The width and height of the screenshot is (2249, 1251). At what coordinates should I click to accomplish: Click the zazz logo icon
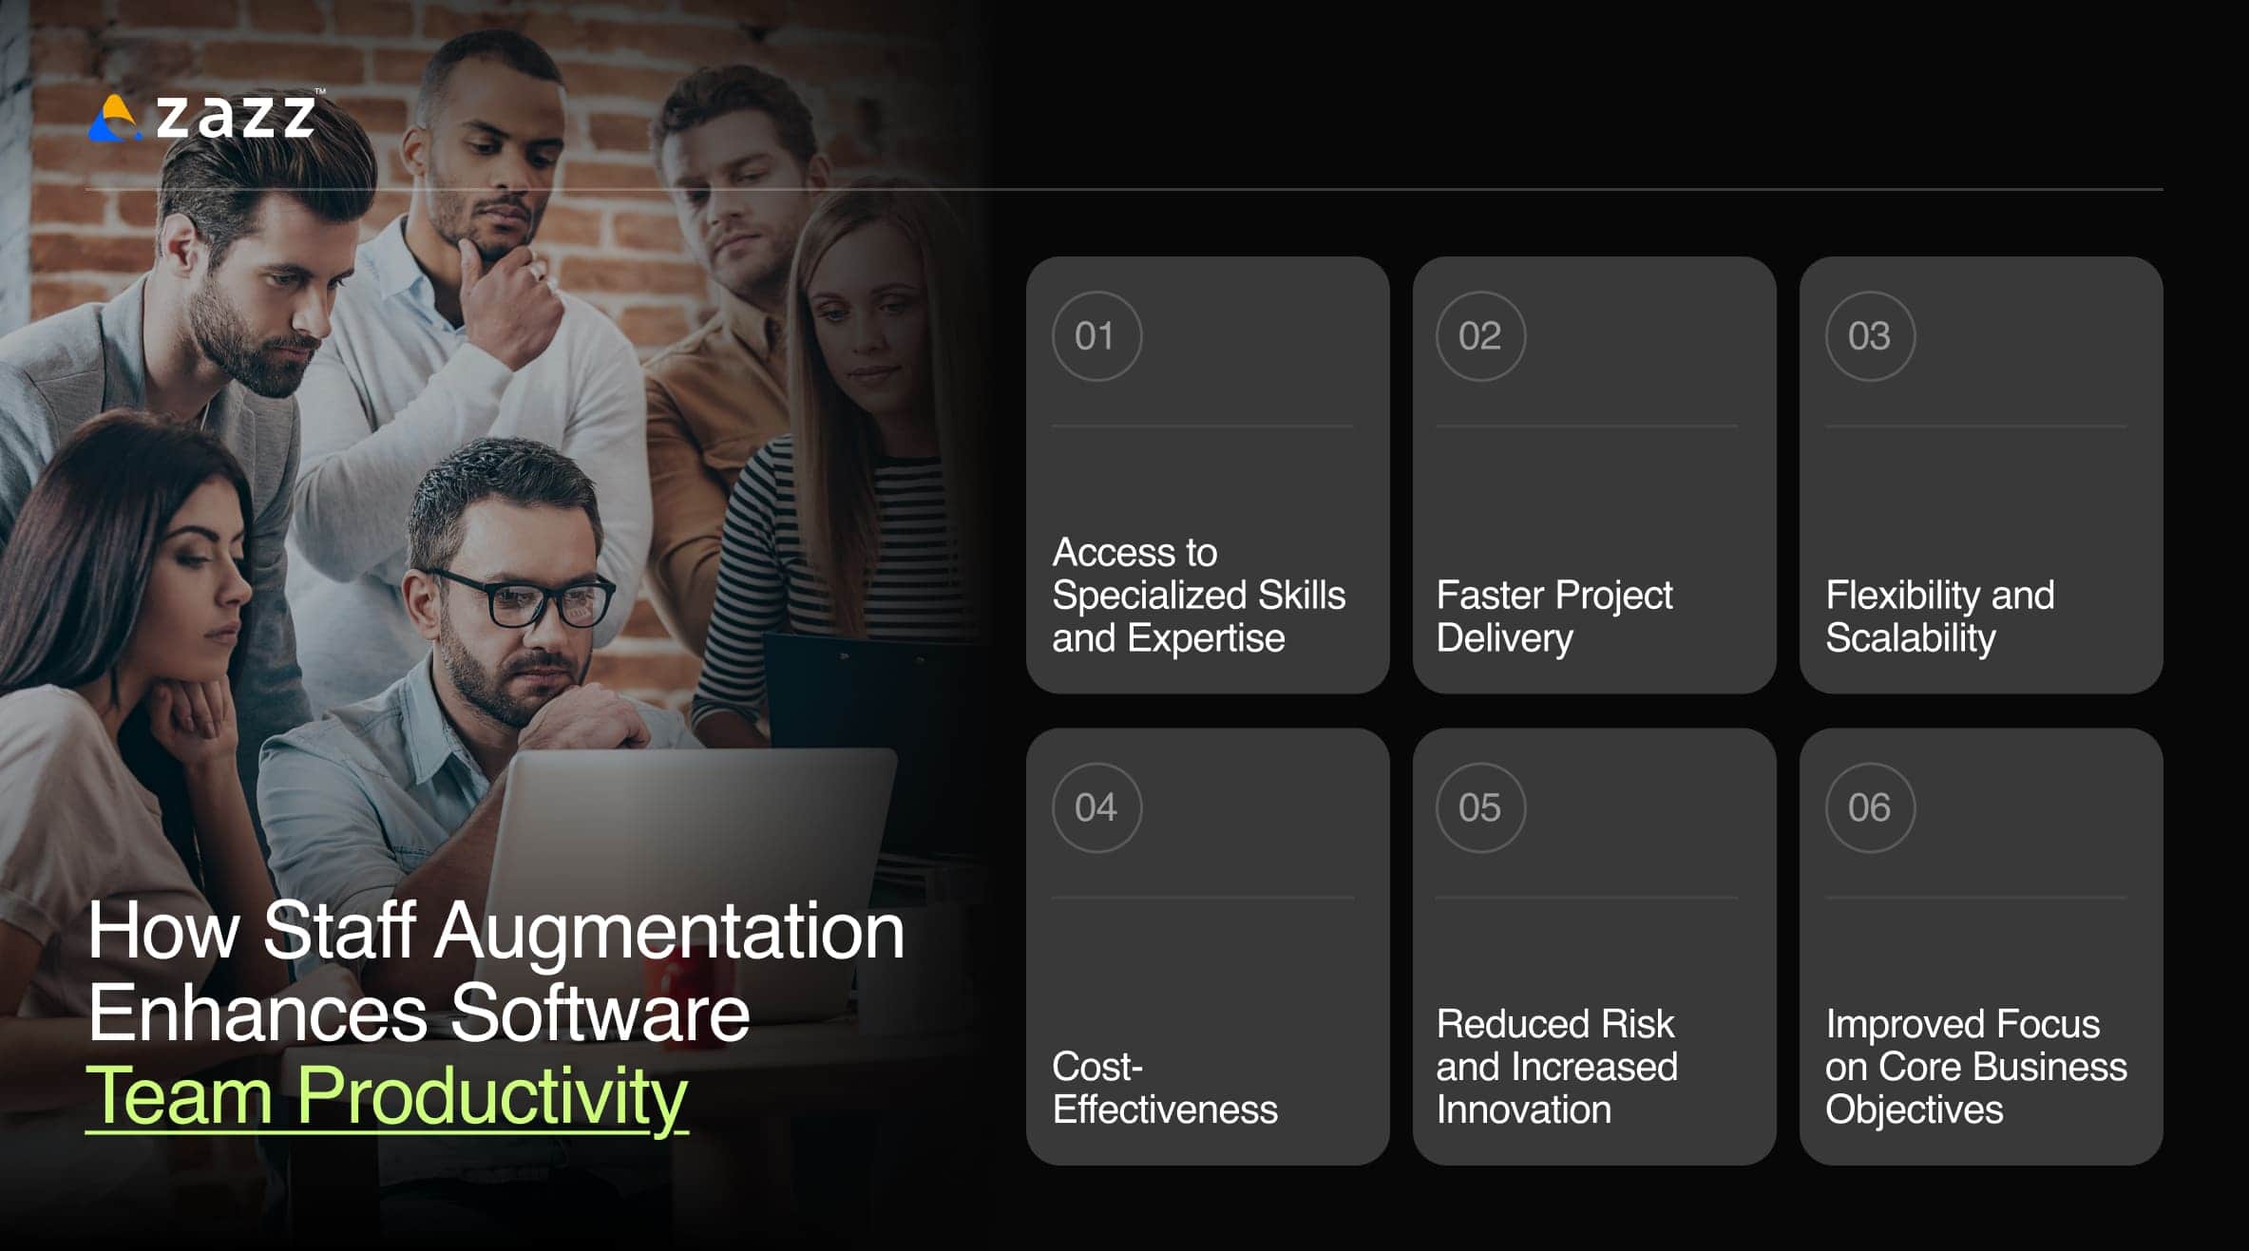pos(114,119)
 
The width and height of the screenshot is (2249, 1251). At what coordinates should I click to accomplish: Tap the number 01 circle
pos(1096,336)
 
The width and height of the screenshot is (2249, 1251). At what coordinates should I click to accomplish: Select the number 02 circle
pos(1480,336)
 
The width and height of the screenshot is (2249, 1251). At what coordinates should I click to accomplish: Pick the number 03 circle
pos(1870,336)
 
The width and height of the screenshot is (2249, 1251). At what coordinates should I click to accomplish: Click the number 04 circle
pos(1096,807)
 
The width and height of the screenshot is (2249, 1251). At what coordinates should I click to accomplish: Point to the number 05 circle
pos(1480,807)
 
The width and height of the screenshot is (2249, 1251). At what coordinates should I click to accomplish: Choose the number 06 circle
pos(1870,807)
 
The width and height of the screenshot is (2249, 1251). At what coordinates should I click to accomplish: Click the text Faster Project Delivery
pos(1553,616)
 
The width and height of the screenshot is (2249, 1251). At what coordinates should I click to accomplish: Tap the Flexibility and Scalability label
pos(1939,616)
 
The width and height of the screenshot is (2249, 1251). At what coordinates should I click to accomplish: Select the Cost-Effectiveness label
pos(1164,1088)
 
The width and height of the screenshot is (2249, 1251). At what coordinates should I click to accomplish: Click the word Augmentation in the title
pos(670,931)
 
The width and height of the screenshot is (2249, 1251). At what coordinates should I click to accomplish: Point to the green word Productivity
pos(491,1096)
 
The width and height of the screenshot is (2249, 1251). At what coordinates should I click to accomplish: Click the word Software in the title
pos(600,1014)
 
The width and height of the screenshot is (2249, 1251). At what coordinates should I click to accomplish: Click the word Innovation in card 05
pos(1523,1109)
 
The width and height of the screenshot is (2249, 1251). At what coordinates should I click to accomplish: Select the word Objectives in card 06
pos(1914,1109)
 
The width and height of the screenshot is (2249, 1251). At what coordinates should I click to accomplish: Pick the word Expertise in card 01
pos(1206,638)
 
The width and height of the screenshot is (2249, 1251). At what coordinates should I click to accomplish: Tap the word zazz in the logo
pos(235,117)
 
